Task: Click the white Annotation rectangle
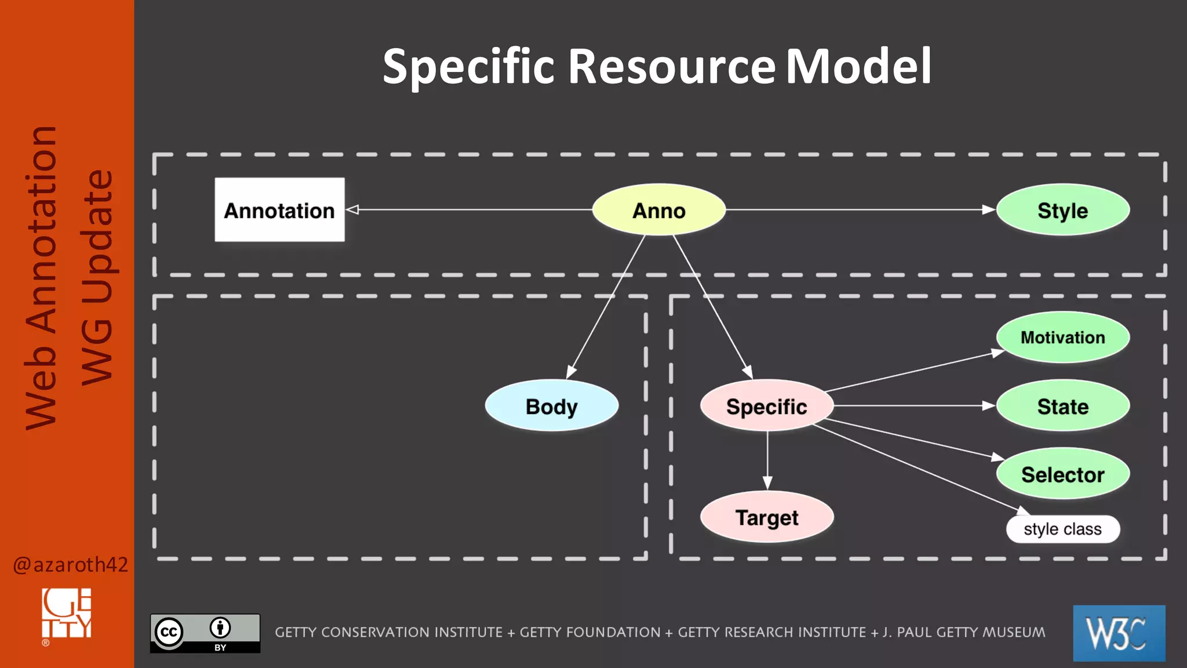(x=279, y=210)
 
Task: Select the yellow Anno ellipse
(x=658, y=210)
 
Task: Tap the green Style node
(x=1062, y=210)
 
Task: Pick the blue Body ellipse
(x=551, y=406)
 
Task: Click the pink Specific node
(x=766, y=406)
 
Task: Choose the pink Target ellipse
(x=766, y=517)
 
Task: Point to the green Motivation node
(x=1062, y=337)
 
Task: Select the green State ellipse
(x=1062, y=406)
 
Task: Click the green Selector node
(x=1062, y=474)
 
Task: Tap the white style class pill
(x=1062, y=529)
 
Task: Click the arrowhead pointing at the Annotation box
(x=352, y=209)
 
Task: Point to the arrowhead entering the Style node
(x=989, y=209)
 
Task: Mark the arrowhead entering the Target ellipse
(x=767, y=483)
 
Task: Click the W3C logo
(x=1119, y=633)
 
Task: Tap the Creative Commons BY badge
(x=205, y=633)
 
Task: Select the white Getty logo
(x=67, y=615)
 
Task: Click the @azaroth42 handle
(x=70, y=564)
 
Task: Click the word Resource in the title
(x=671, y=66)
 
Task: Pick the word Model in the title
(x=858, y=66)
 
